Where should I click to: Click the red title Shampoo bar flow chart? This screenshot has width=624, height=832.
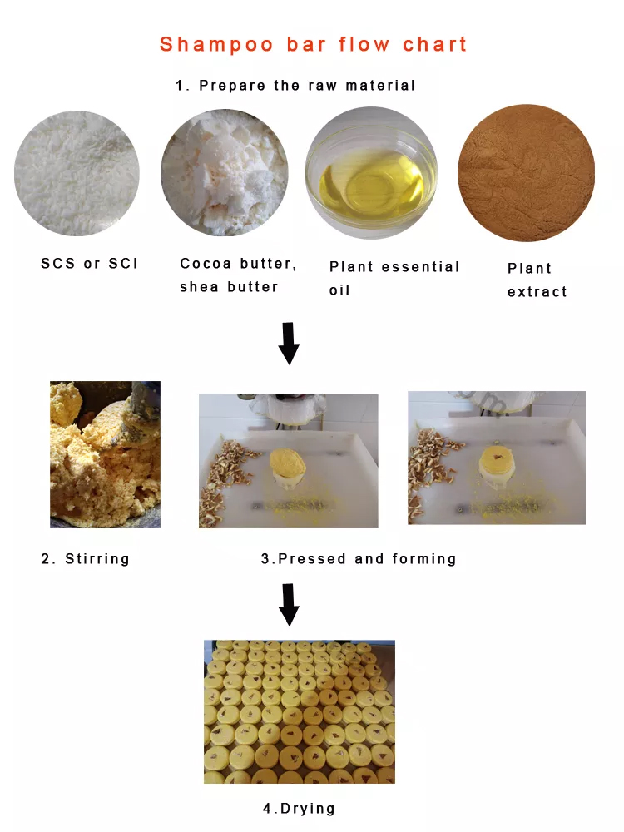313,44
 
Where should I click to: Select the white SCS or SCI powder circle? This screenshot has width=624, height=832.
77,173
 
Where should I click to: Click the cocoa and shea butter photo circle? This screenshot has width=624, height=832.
225,172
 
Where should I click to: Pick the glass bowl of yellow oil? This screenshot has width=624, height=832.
371,173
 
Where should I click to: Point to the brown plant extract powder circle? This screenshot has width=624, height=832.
527,172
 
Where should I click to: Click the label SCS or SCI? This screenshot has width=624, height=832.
89,263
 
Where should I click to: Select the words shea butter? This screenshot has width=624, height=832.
229,286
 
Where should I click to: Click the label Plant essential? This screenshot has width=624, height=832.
394,266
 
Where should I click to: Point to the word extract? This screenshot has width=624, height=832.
537,292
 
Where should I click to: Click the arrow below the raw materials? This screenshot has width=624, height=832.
289,344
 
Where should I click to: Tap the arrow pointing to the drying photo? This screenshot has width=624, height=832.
289,605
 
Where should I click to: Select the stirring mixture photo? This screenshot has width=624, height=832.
105,454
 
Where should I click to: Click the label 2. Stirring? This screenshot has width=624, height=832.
86,559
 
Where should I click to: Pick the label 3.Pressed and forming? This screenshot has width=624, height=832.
359,559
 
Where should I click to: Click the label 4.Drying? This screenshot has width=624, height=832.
299,808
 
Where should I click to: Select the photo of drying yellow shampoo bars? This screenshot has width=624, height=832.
300,711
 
